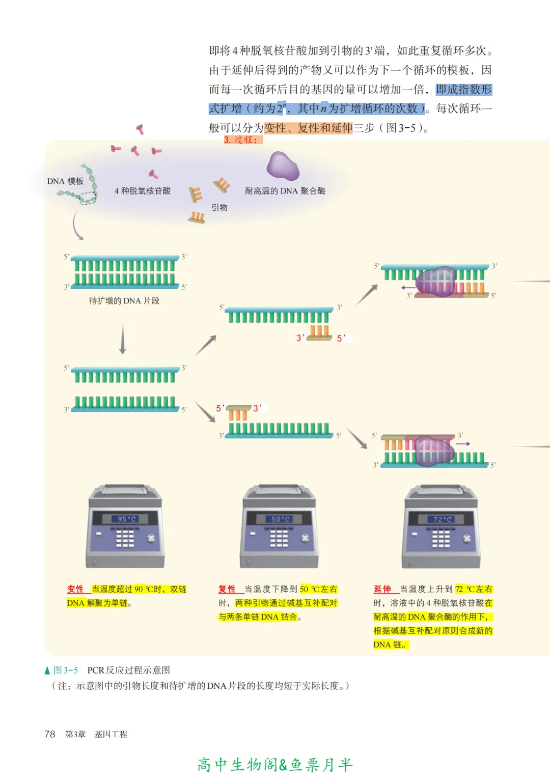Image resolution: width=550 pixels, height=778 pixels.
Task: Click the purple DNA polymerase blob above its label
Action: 283,166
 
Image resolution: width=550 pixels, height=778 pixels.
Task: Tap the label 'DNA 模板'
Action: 65,181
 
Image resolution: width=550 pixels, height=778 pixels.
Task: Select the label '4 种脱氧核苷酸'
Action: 143,191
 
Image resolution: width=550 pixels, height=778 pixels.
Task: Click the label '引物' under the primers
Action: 219,207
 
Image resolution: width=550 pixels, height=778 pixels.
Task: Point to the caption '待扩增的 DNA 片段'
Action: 124,301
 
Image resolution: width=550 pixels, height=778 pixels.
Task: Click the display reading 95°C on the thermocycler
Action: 126,519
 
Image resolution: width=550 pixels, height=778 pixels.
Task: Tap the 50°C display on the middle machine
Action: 280,519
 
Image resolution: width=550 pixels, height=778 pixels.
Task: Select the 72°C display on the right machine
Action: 442,519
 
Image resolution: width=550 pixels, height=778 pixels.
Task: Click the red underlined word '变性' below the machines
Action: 75,589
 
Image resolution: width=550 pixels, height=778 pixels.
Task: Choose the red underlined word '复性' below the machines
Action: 227,589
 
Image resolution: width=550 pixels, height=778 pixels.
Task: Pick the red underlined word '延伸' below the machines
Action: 382,589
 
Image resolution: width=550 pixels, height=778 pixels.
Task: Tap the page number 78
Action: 50,734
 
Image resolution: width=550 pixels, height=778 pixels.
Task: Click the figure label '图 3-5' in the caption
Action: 66,670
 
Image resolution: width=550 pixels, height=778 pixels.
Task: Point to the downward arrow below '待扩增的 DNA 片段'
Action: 122,339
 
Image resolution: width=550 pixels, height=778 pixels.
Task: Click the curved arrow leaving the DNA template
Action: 76,227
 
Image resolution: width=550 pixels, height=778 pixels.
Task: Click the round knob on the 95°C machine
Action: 151,538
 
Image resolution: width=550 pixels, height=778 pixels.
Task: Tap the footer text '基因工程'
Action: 111,734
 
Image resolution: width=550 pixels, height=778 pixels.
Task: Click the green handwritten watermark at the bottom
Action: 275,764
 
